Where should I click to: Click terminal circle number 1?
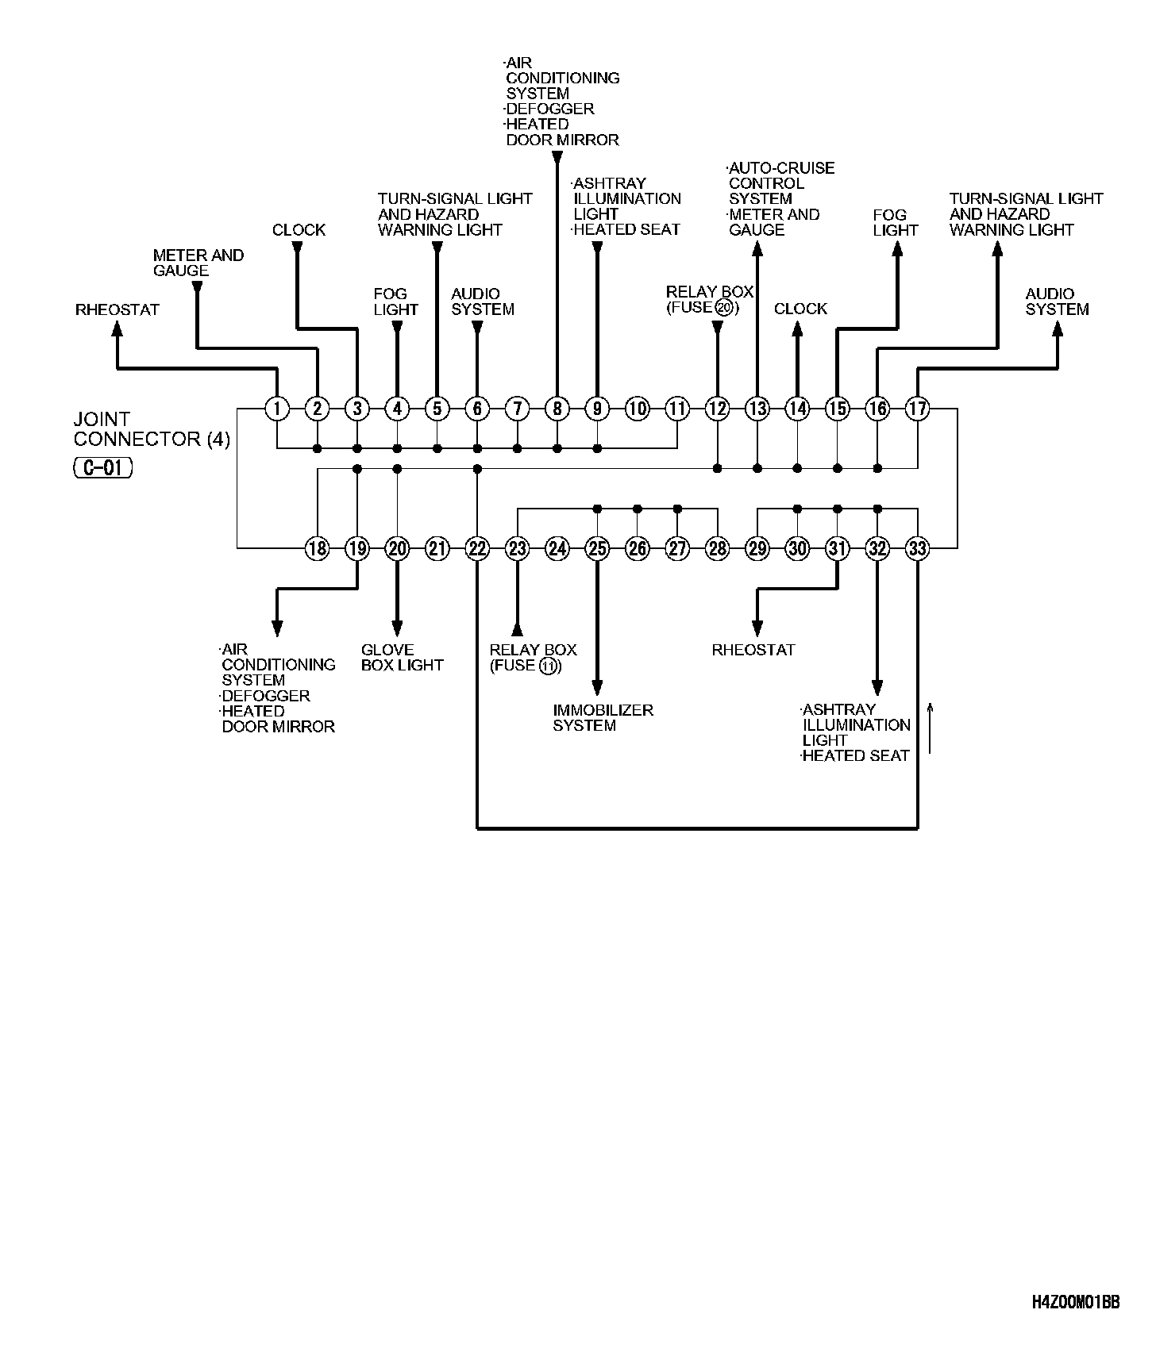click(x=277, y=409)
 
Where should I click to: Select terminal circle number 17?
click(x=918, y=409)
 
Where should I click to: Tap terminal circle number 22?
click(x=477, y=548)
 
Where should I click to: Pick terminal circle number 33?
click(x=918, y=548)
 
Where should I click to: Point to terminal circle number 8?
click(x=557, y=409)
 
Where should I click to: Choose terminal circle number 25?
click(x=597, y=548)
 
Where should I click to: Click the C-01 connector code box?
click(x=103, y=468)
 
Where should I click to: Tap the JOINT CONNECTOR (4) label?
click(x=151, y=428)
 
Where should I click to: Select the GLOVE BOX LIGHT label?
click(x=402, y=658)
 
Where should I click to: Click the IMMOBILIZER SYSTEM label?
click(x=603, y=717)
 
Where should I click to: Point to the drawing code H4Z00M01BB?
click(x=1076, y=1325)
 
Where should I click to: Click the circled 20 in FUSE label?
click(x=723, y=308)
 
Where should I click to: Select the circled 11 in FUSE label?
click(x=548, y=666)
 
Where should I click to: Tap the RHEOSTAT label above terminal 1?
click(x=118, y=309)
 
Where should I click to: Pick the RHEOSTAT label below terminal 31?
click(x=753, y=650)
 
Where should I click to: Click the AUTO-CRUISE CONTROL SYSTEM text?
click(x=780, y=183)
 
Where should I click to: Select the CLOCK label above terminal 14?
click(x=800, y=309)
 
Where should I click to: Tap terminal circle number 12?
click(x=718, y=409)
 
